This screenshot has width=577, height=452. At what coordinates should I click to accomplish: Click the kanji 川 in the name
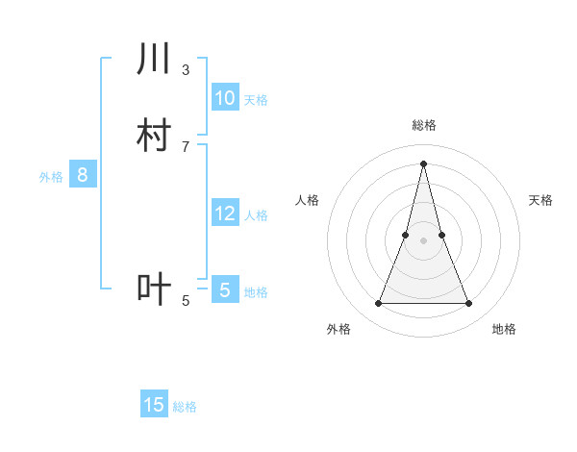(154, 60)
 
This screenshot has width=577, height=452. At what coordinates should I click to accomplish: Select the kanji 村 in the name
(154, 136)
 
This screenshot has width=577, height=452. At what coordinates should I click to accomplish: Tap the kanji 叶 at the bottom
(154, 289)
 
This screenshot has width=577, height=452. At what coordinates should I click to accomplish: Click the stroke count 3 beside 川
(186, 69)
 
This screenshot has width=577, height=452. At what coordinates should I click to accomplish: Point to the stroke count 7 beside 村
(186, 146)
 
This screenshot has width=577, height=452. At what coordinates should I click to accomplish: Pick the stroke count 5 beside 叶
(186, 301)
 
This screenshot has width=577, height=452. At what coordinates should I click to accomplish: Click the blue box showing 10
(225, 97)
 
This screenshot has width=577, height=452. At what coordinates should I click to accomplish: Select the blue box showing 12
(225, 213)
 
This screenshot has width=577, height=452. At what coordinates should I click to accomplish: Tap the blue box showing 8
(83, 175)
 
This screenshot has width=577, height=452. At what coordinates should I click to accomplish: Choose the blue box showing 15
(154, 405)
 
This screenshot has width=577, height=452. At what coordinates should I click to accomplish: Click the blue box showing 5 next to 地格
(225, 289)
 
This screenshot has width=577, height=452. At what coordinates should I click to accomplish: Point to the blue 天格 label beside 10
(256, 100)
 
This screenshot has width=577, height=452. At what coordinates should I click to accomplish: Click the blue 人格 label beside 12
(256, 215)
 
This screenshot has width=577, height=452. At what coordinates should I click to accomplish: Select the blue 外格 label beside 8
(51, 177)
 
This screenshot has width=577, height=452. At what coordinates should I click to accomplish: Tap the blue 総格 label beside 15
(185, 408)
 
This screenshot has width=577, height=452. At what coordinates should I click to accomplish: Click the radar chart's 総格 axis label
(424, 125)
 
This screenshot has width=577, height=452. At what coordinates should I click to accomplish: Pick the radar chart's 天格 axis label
(541, 200)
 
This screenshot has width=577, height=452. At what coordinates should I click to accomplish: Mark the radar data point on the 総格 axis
(424, 163)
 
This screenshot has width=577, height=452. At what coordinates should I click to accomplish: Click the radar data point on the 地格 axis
(469, 304)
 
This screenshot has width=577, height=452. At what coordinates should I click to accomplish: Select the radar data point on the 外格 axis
(378, 304)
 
